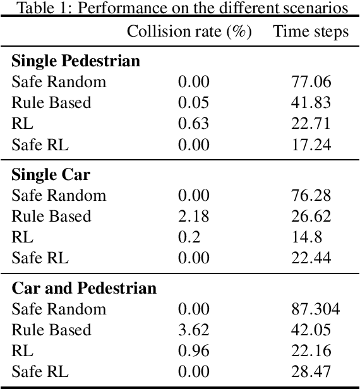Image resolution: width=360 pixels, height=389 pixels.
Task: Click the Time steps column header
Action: click(x=310, y=32)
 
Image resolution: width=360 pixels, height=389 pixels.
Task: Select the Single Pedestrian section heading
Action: click(x=76, y=62)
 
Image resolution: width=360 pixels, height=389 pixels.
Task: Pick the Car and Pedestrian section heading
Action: click(x=84, y=289)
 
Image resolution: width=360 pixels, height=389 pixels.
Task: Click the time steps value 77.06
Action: click(x=310, y=82)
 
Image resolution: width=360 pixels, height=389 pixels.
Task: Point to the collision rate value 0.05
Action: click(x=193, y=103)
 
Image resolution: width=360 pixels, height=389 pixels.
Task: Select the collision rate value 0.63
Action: click(x=193, y=124)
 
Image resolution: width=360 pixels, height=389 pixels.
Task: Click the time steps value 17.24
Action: click(x=310, y=145)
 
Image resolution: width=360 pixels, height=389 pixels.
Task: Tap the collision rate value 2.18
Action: click(x=193, y=217)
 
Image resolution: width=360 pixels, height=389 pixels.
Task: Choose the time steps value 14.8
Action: click(x=310, y=237)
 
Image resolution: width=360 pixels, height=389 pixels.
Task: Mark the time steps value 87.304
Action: click(x=310, y=309)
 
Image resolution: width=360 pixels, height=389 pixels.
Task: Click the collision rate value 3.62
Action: click(x=193, y=330)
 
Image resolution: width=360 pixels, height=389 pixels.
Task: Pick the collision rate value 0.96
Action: click(x=193, y=351)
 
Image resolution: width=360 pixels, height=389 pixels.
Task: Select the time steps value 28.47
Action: click(x=310, y=372)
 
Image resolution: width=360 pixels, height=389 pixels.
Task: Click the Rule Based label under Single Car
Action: click(x=51, y=217)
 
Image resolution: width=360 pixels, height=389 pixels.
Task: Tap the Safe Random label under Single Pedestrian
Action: click(x=59, y=82)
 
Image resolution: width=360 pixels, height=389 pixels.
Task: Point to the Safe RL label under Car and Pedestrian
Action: click(x=40, y=372)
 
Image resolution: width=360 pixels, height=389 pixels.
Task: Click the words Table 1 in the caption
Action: click(x=39, y=8)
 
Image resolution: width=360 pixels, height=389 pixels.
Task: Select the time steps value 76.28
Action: click(x=310, y=196)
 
